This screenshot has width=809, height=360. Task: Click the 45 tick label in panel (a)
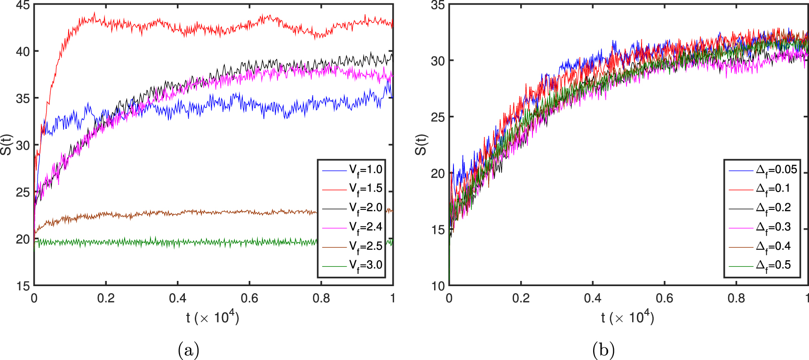click(23, 6)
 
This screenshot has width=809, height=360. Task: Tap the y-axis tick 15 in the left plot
click(23, 286)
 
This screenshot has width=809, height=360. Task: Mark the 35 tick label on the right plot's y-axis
click(437, 6)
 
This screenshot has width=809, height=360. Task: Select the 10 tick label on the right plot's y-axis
click(437, 286)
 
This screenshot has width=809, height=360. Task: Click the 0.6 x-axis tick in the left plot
click(249, 298)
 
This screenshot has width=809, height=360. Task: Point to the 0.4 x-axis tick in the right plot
click(593, 298)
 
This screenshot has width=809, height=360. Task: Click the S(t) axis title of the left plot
click(6, 145)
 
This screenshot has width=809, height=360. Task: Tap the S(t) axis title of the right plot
click(421, 145)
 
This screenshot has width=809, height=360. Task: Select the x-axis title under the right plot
click(627, 318)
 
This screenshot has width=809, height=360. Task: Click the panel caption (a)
click(189, 350)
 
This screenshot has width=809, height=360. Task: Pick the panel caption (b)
click(603, 350)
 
